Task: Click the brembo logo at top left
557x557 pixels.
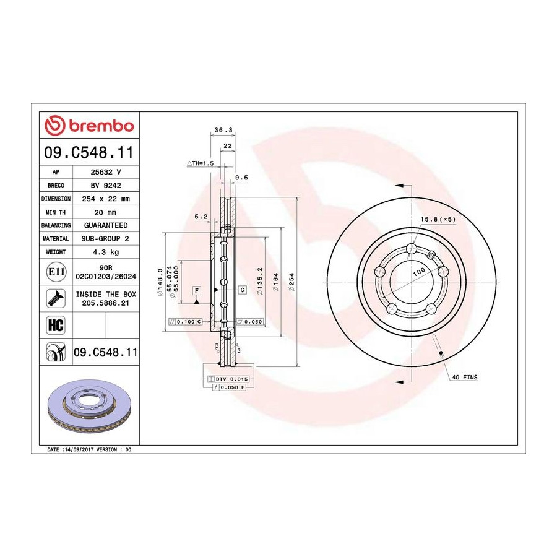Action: coord(89,126)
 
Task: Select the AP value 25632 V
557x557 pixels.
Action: coord(106,172)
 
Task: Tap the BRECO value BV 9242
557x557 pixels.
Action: coord(106,186)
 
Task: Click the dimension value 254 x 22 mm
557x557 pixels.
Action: coord(106,199)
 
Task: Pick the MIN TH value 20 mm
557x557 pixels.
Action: coord(105,212)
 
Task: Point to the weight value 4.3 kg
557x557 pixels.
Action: coord(106,253)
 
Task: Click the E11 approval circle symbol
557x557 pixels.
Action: coord(56,272)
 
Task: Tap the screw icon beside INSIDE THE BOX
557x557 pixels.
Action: coord(56,298)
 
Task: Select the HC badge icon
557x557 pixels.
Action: coord(56,325)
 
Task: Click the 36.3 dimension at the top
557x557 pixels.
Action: coord(223,130)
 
